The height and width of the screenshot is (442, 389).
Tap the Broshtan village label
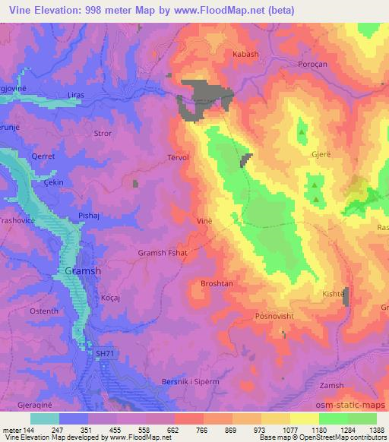215,283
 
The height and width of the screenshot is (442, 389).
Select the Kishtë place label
334,293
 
